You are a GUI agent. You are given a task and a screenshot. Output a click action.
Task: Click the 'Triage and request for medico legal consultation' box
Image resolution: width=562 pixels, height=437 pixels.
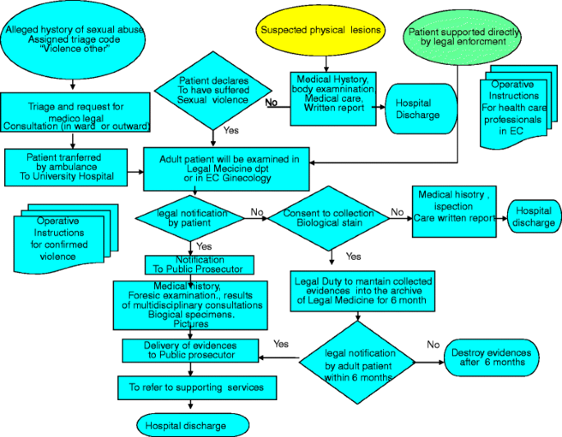76,114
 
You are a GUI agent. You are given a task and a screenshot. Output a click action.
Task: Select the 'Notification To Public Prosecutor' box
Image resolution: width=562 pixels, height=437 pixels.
193,264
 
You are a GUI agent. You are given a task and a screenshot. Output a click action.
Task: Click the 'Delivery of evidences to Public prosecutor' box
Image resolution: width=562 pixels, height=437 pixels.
190,350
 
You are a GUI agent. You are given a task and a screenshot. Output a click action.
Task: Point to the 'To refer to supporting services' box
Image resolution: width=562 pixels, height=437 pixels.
191,386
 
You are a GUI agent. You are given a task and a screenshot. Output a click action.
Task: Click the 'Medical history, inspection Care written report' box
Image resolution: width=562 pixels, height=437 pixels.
454,212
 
